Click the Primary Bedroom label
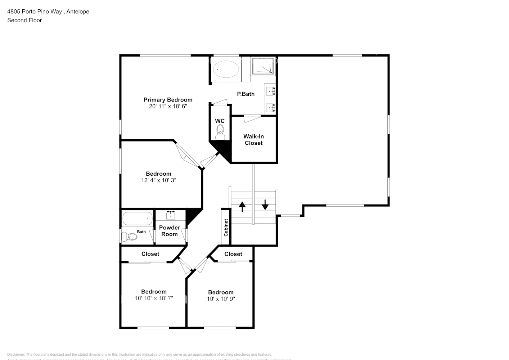click(x=168, y=100)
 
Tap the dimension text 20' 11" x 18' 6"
click(x=168, y=107)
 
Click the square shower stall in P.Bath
click(x=263, y=67)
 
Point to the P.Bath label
click(x=246, y=94)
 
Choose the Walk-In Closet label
click(x=253, y=140)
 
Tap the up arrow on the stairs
click(x=242, y=206)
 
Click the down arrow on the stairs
click(x=265, y=204)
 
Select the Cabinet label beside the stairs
click(x=226, y=227)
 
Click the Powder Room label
click(x=170, y=231)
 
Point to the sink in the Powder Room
click(x=171, y=215)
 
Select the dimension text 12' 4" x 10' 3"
click(x=158, y=180)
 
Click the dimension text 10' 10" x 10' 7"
click(x=154, y=298)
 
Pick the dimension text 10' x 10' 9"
click(x=221, y=299)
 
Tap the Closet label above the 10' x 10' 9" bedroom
click(x=233, y=254)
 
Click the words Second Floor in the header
click(x=24, y=20)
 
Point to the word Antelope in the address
click(x=78, y=12)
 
